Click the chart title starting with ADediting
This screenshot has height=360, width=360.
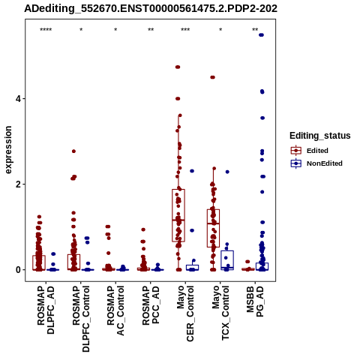151,8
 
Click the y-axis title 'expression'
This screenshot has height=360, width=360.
8,150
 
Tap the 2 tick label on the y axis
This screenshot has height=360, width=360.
19,184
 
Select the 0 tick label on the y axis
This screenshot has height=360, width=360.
19,270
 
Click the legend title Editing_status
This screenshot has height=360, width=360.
320,136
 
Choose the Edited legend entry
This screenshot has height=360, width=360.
309,151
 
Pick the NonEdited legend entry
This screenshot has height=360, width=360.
316,163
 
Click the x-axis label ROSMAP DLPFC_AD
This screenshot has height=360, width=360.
46,310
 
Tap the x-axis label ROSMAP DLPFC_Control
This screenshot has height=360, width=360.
81,319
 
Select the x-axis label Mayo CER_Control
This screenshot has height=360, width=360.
185,313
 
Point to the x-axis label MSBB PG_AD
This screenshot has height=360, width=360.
255,301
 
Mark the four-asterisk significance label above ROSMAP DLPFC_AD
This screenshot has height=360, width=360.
46,30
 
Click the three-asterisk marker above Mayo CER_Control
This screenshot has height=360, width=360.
185,30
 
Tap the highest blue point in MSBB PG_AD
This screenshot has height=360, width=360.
261,35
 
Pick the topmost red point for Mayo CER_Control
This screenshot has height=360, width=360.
178,67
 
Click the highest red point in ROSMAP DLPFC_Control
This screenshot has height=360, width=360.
73,151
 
